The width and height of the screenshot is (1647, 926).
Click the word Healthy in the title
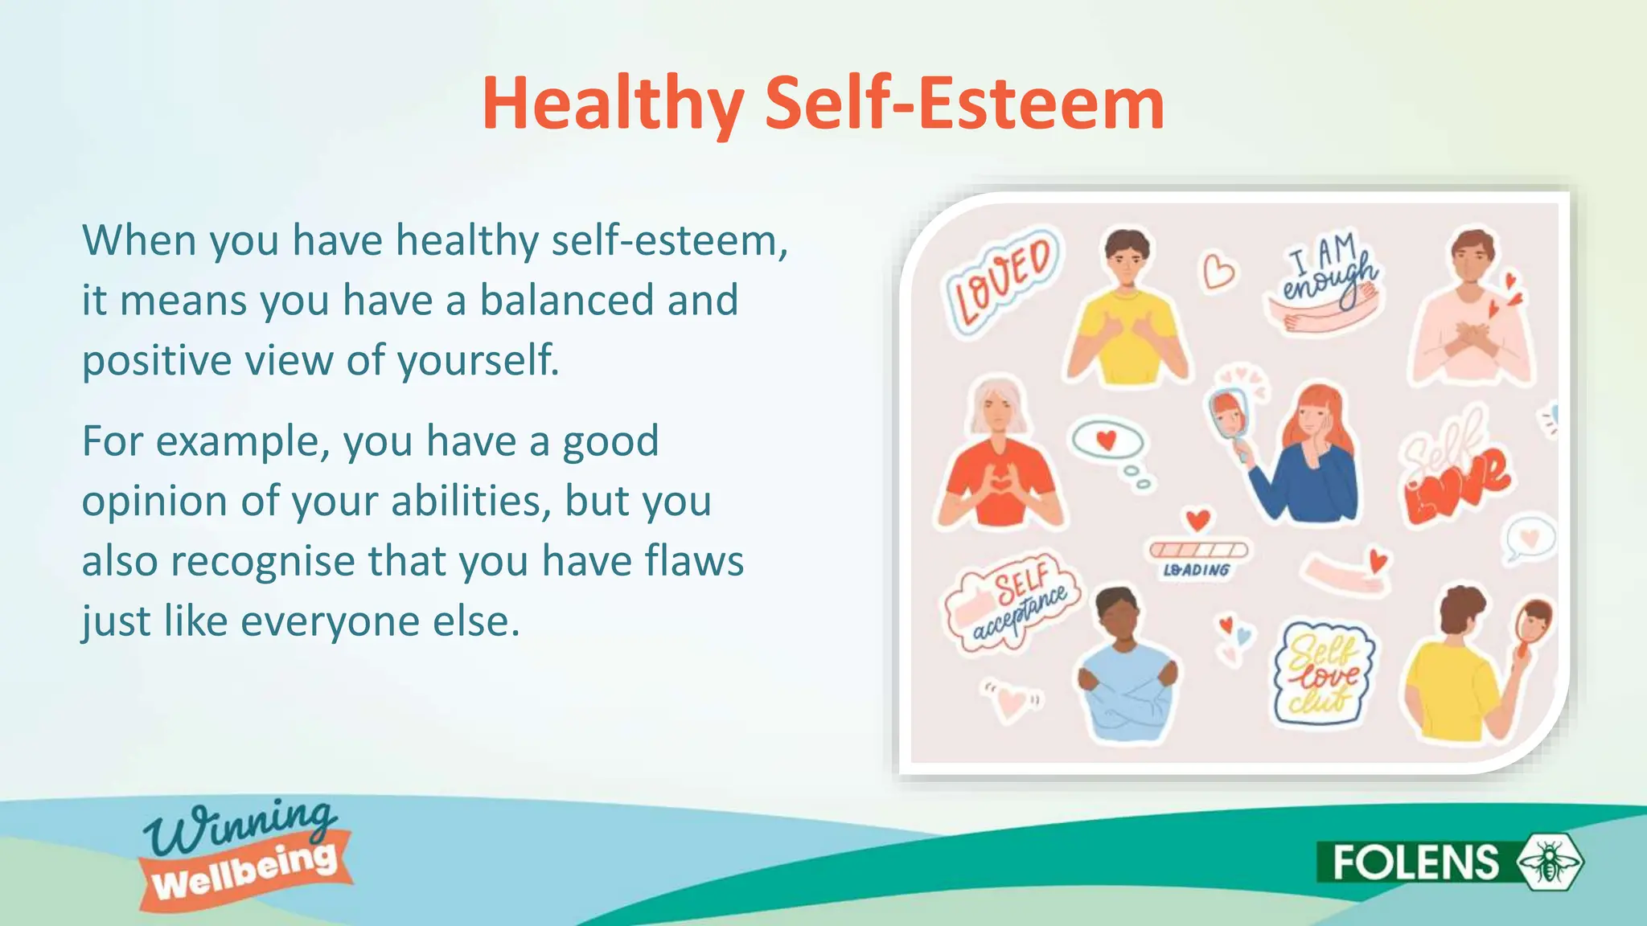click(x=613, y=104)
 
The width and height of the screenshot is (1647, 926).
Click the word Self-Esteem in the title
click(x=963, y=104)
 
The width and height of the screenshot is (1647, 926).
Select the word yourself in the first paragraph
click(x=478, y=360)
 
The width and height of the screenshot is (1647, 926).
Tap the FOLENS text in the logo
click(x=1415, y=862)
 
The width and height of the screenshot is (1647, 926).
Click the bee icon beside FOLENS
click(x=1549, y=862)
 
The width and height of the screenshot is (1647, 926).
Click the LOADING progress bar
click(x=1198, y=551)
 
